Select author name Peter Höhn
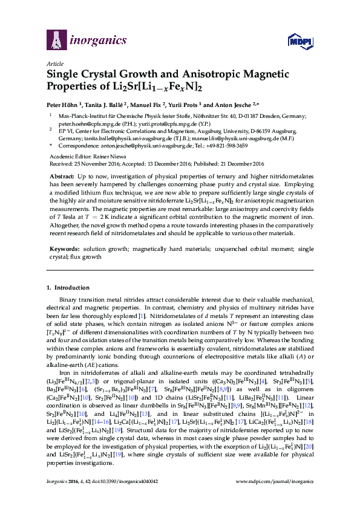(63, 103)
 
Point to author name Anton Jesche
(237, 103)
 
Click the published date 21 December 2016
(244, 161)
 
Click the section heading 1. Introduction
(70, 287)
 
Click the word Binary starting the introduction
(68, 300)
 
